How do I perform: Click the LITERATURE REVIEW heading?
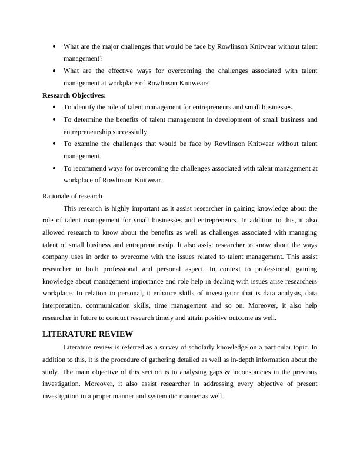pos(88,334)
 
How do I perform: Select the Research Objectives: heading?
pos(74,95)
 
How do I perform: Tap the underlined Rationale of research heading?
pos(72,196)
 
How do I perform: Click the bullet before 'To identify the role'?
pos(54,108)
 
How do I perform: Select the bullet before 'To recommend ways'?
pos(54,168)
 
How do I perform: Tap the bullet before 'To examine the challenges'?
pos(54,144)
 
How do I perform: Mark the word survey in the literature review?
pos(161,347)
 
